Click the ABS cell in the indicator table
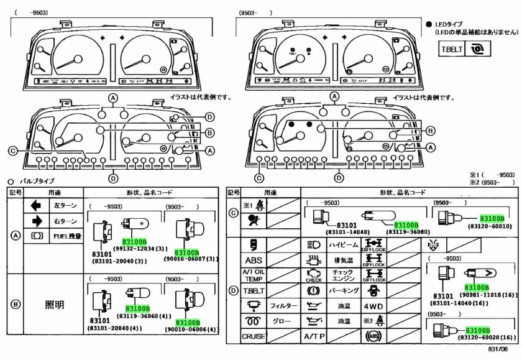[254, 260]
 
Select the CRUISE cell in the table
[254, 337]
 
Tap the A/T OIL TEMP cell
[254, 275]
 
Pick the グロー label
[280, 321]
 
